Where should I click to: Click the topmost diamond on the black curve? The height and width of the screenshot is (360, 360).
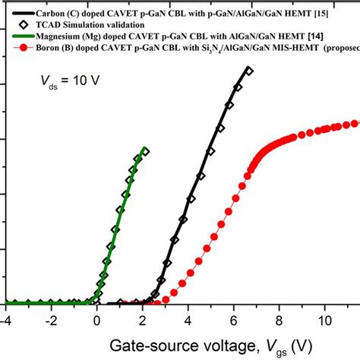coord(249,71)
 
